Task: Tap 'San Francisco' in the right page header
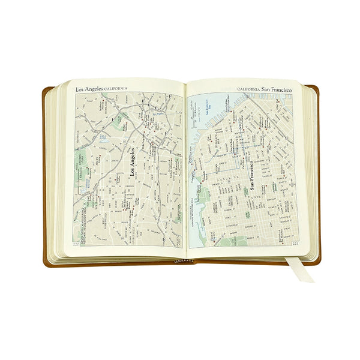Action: (x=277, y=89)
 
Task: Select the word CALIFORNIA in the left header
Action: (x=115, y=89)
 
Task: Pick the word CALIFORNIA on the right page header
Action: (x=248, y=89)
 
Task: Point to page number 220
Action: (x=76, y=244)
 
